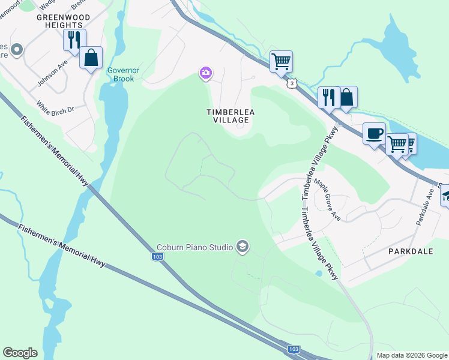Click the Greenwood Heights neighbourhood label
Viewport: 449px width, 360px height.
tap(59, 22)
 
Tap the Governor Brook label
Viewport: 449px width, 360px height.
tap(123, 74)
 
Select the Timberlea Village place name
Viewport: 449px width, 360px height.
tap(228, 116)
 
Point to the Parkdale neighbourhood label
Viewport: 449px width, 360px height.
tap(410, 251)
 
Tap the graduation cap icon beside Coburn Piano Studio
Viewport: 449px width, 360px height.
tap(242, 247)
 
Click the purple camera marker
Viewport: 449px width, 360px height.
tap(205, 73)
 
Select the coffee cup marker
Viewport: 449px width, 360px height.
tap(374, 134)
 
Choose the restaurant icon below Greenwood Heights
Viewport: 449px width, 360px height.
tap(74, 40)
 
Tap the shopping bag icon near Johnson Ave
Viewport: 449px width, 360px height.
tap(91, 58)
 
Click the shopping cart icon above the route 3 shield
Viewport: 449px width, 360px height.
tap(281, 61)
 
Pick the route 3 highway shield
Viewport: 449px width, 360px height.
tap(291, 84)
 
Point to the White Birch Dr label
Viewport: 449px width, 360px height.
tap(54, 106)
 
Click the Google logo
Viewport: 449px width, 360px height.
tap(20, 352)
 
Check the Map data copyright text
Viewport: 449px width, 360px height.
tap(411, 355)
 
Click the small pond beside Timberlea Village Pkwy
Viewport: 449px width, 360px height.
tap(318, 273)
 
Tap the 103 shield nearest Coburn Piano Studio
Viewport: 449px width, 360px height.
tap(157, 256)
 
